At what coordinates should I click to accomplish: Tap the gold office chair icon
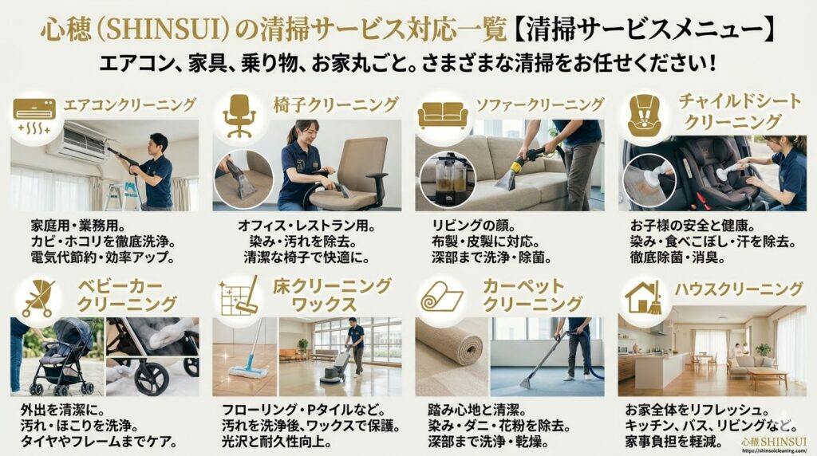click(239, 116)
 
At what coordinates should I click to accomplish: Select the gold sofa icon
click(442, 115)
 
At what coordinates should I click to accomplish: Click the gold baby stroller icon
click(39, 297)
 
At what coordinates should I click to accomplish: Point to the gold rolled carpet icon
click(442, 297)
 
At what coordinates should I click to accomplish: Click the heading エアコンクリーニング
click(130, 104)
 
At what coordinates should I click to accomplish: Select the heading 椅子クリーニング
click(336, 104)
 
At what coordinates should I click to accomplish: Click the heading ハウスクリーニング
click(738, 289)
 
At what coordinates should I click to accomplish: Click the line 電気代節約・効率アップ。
click(103, 257)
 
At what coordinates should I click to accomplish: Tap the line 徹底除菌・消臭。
click(678, 257)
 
